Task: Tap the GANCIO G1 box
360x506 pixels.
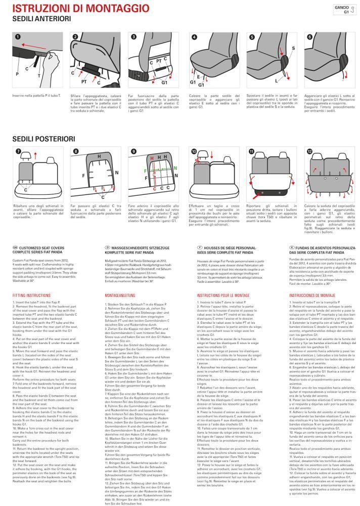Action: pos(342,10)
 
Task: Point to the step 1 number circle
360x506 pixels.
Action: pos(17,37)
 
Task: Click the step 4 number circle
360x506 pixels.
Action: pos(194,37)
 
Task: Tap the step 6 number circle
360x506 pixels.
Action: pos(309,37)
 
